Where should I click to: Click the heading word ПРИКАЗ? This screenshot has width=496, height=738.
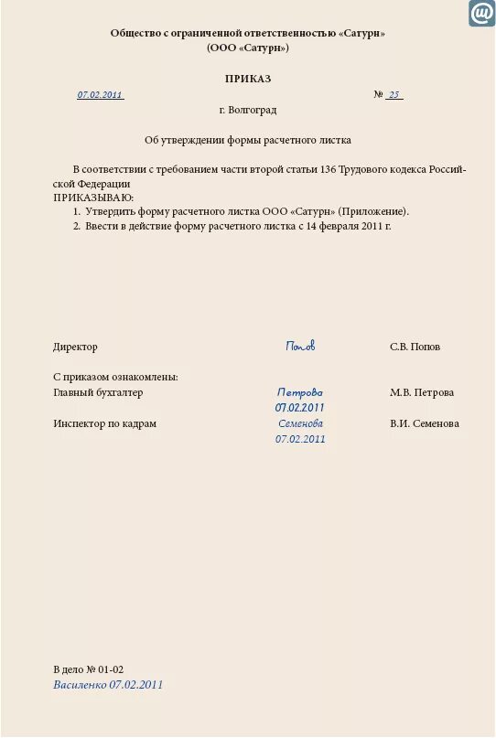(x=248, y=79)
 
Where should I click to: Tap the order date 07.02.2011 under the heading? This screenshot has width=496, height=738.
(x=100, y=95)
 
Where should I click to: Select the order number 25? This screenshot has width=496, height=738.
(x=394, y=95)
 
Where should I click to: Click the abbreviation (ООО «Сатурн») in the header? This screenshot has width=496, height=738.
(x=247, y=48)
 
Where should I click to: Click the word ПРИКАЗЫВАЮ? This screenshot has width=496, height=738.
(x=93, y=198)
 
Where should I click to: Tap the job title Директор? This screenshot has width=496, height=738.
(x=75, y=348)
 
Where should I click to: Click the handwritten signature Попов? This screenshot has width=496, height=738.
(x=300, y=347)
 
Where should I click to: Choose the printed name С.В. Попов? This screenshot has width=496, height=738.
(x=415, y=348)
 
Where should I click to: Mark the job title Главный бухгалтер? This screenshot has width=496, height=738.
(x=98, y=392)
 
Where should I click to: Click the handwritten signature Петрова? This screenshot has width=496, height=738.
(x=300, y=392)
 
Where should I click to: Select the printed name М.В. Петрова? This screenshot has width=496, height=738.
(x=422, y=392)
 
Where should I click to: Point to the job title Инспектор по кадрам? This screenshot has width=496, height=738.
(x=104, y=424)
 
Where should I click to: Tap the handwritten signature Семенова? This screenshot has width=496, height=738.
(x=300, y=423)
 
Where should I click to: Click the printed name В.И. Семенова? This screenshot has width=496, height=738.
(x=425, y=424)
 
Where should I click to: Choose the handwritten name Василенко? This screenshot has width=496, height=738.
(x=80, y=684)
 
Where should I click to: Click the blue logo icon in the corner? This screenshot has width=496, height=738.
(x=481, y=14)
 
